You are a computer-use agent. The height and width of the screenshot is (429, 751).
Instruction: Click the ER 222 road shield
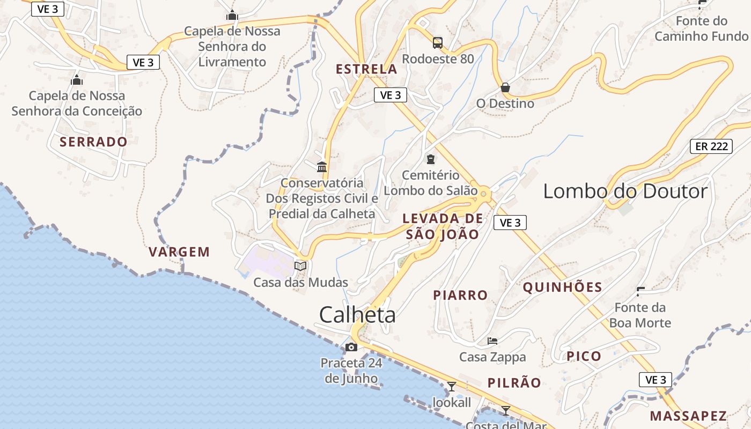pos(711,146)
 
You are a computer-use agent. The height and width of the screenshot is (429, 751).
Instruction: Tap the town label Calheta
pos(357,315)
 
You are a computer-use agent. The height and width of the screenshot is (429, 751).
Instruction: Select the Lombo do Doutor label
pos(625,191)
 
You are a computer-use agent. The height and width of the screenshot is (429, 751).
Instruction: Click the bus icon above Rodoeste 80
pos(438,43)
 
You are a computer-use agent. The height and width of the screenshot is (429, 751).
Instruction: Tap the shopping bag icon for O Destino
pos(505,87)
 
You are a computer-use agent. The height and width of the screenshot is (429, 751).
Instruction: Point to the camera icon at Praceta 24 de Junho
pos(351,347)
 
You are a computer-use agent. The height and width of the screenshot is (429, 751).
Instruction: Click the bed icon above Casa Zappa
pos(492,341)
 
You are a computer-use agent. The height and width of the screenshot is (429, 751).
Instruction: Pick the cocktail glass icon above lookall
pos(452,386)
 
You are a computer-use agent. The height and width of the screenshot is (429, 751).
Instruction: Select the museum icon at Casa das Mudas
pos(300,266)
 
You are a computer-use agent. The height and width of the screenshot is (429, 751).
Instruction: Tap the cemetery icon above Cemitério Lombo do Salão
pos(430,159)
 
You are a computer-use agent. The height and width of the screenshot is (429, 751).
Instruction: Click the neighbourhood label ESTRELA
pos(366,69)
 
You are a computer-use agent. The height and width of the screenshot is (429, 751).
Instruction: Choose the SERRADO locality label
pos(93,142)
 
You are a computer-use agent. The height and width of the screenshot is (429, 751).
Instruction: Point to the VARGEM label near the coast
pos(179,252)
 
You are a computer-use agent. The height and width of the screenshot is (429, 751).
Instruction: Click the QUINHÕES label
pos(563,287)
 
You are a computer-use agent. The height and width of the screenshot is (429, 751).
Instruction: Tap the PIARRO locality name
pos(460,295)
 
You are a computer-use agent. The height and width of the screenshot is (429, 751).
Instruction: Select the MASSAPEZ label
pos(688,416)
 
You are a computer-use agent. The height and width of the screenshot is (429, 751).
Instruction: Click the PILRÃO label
pos(514,383)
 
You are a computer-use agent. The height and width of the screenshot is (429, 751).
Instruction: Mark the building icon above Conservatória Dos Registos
pos(322,167)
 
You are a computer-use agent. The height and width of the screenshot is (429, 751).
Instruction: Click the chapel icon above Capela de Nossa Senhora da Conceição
pos(77,80)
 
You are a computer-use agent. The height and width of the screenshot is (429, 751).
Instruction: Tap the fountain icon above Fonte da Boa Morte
pos(640,292)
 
